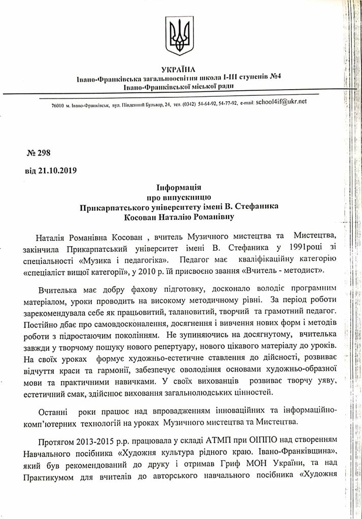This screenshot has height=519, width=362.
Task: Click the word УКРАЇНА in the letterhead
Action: tap(181, 69)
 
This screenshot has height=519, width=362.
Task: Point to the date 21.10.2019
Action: tap(57, 171)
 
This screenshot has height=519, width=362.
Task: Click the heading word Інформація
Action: tap(181, 188)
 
